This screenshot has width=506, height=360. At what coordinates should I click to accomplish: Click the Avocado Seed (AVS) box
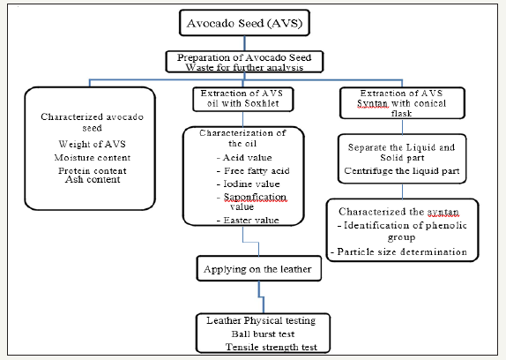click(244, 23)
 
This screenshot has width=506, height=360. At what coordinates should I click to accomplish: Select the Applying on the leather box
click(259, 268)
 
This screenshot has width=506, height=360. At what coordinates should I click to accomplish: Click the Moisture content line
click(93, 158)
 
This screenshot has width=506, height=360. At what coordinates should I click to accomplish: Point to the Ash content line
click(93, 179)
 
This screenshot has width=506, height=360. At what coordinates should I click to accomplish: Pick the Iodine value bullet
click(249, 184)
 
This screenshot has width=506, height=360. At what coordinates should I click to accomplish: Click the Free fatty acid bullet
click(253, 171)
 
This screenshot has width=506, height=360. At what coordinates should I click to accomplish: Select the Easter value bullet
click(248, 221)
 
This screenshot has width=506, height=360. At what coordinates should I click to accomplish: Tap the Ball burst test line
click(263, 334)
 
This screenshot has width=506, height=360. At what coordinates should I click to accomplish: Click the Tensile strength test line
click(272, 347)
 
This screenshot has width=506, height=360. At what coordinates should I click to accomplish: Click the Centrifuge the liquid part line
click(402, 171)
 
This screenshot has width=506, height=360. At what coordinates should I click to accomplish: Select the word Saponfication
click(255, 197)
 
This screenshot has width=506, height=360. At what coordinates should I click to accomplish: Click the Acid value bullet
click(244, 158)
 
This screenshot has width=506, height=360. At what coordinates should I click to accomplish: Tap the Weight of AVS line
click(92, 144)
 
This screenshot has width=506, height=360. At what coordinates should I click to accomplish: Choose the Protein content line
click(93, 170)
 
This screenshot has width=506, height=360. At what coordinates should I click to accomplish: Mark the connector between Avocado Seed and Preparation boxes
click(244, 43)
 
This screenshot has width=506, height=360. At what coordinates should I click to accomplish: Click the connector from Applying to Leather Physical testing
click(261, 297)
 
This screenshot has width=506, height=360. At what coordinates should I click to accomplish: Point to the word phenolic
click(446, 225)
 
